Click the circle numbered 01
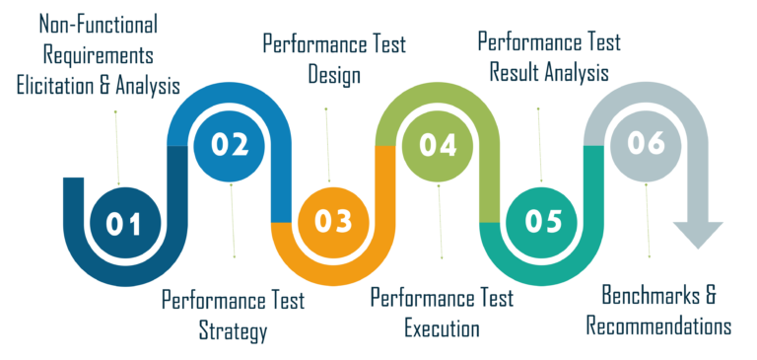(x=124, y=224)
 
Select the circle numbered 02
(x=229, y=144)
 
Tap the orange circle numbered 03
(x=333, y=221)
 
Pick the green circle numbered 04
(x=438, y=145)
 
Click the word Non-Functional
(x=100, y=23)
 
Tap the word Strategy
(x=233, y=330)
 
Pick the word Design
(x=333, y=74)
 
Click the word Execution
(x=442, y=327)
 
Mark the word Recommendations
(x=658, y=326)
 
